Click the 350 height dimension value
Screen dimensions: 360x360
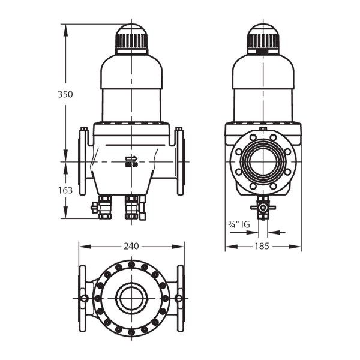[x=65, y=94]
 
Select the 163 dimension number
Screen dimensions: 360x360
[x=65, y=190]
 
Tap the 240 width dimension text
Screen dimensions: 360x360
[x=131, y=246]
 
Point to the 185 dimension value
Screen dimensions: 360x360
[x=262, y=246]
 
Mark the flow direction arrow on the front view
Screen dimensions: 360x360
[x=131, y=160]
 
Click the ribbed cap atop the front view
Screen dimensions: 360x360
[x=131, y=40]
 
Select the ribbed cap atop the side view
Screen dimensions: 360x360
[x=263, y=40]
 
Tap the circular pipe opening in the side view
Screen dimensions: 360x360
[x=263, y=161]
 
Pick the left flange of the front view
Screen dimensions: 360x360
[x=83, y=161]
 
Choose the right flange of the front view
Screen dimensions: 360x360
[x=179, y=161]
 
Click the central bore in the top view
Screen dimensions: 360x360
[x=131, y=298]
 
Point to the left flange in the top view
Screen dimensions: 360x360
[x=83, y=298]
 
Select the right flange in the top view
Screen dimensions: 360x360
[x=179, y=298]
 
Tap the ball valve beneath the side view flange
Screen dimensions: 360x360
[x=263, y=207]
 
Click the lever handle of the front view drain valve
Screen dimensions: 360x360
[x=95, y=208]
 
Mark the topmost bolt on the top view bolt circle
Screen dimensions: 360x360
[x=131, y=263]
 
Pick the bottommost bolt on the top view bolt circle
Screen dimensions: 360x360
[x=131, y=332]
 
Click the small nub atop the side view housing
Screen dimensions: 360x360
[x=263, y=128]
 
